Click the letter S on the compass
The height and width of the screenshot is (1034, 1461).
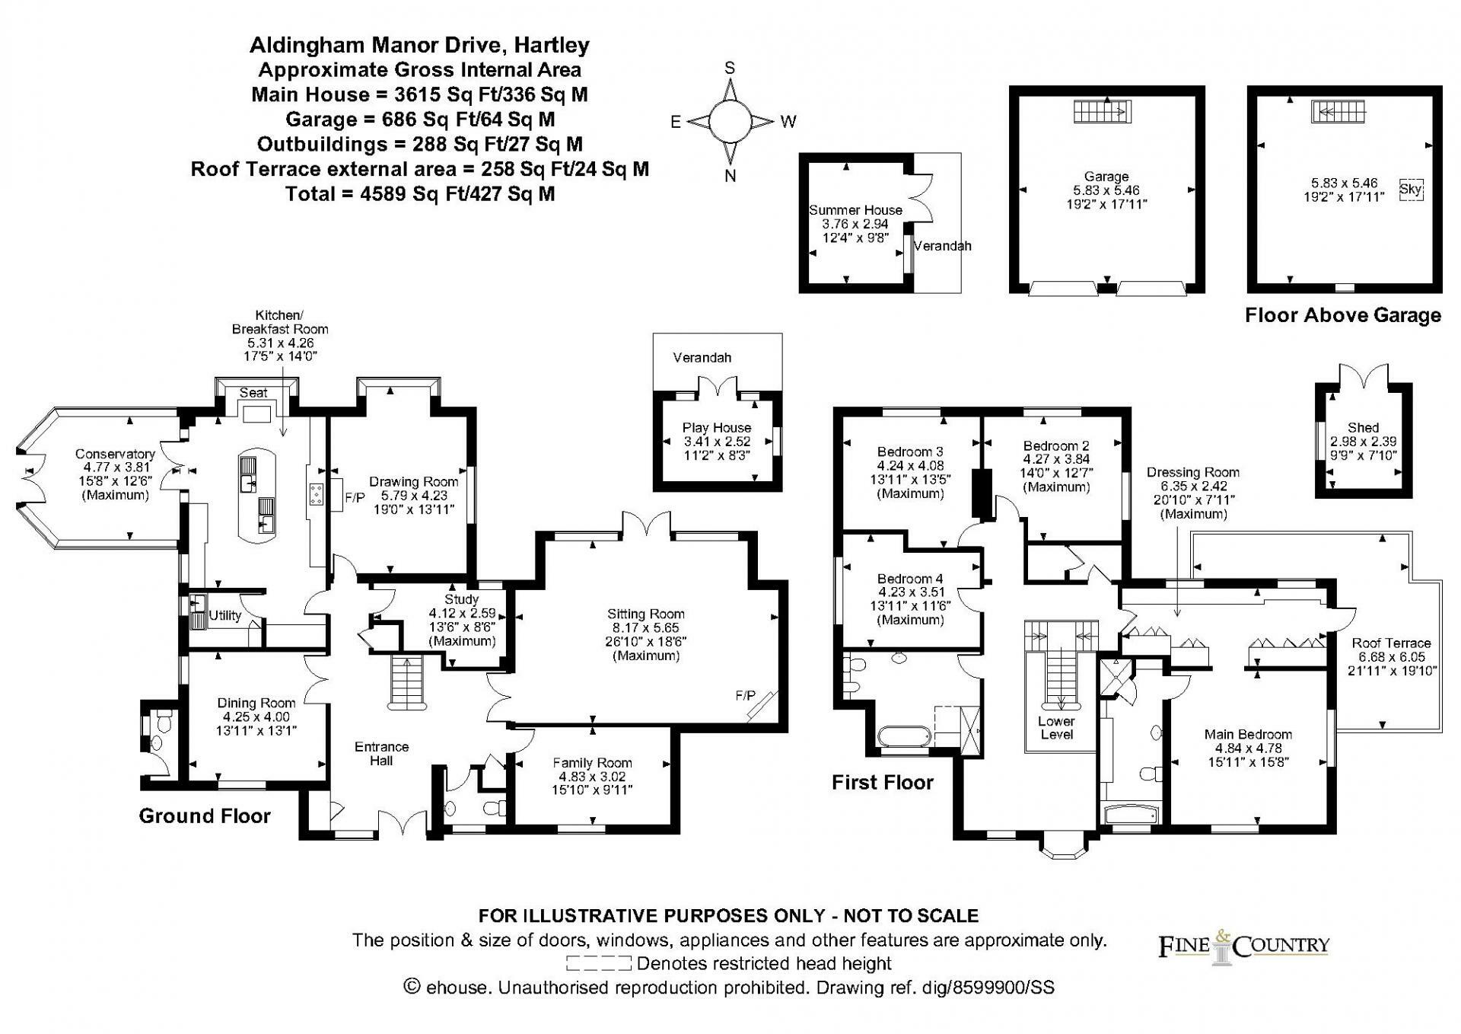pyautogui.click(x=730, y=68)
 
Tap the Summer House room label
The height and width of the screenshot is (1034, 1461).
pyautogui.click(x=855, y=210)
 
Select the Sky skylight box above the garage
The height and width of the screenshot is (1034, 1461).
pyautogui.click(x=1411, y=189)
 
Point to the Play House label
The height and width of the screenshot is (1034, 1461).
pyautogui.click(x=716, y=428)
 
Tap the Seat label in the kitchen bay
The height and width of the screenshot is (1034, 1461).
pyautogui.click(x=253, y=393)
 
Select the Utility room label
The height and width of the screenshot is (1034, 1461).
pyautogui.click(x=224, y=615)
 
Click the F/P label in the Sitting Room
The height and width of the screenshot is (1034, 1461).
pyautogui.click(x=745, y=695)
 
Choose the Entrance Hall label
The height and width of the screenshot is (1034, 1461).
pyautogui.click(x=381, y=753)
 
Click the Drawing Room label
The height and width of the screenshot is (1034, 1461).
pyautogui.click(x=414, y=481)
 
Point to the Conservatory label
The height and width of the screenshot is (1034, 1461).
pyautogui.click(x=115, y=455)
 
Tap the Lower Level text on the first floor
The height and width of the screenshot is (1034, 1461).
pyautogui.click(x=1056, y=727)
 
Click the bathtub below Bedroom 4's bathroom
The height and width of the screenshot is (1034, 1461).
pyautogui.click(x=903, y=736)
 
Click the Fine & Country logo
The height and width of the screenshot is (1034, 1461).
pyautogui.click(x=1243, y=946)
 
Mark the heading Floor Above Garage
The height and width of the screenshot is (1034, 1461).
pyautogui.click(x=1343, y=315)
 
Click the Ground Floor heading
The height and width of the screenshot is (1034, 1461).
pyautogui.click(x=205, y=815)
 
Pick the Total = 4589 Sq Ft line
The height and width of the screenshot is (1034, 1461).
pyautogui.click(x=420, y=193)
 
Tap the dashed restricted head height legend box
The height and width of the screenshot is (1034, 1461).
pyautogui.click(x=599, y=964)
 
